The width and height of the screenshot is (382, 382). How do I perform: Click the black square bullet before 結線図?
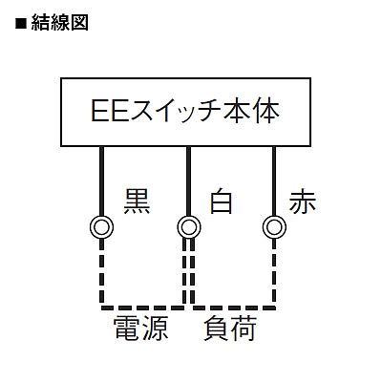point(20,24)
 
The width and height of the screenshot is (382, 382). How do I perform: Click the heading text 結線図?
point(60,23)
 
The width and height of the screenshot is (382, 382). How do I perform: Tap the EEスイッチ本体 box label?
point(185,111)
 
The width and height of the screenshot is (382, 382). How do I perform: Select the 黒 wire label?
point(137,202)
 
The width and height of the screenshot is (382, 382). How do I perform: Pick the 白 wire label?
point(221,202)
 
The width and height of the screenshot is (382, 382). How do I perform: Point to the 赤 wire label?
point(303,202)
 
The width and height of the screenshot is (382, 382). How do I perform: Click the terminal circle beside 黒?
point(102,227)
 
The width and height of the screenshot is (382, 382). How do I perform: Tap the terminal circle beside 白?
point(189,227)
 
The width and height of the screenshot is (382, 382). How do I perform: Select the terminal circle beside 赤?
point(274,227)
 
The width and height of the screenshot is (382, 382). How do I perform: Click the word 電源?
point(140,329)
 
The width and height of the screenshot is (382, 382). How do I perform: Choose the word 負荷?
point(230,329)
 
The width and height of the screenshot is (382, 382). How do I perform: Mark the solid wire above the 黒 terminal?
point(102,181)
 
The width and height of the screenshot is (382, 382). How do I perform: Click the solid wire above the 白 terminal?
point(188,181)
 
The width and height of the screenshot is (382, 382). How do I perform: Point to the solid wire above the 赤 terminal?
point(274,181)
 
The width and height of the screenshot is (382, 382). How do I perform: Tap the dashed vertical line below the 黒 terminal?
point(101,271)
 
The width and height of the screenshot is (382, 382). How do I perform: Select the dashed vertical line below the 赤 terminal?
point(274,271)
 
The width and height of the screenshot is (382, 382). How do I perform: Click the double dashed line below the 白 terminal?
point(188,271)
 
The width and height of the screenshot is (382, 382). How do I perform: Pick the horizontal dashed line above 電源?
point(142,308)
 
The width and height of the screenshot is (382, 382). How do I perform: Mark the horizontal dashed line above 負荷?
point(234,308)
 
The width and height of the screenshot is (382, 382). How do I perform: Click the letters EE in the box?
point(110,111)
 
